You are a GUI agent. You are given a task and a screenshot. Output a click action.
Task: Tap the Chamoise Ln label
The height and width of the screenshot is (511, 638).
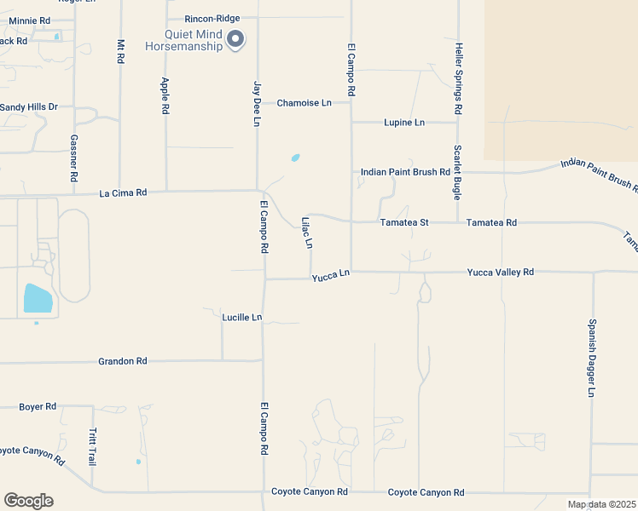[x=304, y=103]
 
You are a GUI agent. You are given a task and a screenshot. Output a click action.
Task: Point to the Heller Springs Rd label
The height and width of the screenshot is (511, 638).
[x=458, y=79]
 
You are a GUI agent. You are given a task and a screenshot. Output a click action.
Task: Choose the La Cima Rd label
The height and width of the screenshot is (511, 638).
[x=123, y=193]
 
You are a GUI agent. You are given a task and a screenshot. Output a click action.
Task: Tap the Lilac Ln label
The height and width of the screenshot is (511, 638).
[x=307, y=233]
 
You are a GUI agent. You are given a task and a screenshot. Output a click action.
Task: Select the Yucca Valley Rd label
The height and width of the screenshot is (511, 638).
[x=500, y=272]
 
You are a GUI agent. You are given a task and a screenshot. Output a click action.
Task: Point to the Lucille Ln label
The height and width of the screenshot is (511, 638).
[x=241, y=317]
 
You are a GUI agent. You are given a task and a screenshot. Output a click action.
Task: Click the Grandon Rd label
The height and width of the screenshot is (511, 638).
[x=123, y=361]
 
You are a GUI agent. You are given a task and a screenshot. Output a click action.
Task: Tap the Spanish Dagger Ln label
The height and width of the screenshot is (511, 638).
[x=590, y=358]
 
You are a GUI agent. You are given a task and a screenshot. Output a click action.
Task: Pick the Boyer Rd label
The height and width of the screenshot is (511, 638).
[x=38, y=407]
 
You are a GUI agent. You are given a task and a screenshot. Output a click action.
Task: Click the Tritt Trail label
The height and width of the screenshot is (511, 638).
[x=92, y=446]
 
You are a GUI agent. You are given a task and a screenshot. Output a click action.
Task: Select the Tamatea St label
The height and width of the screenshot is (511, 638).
[x=404, y=222]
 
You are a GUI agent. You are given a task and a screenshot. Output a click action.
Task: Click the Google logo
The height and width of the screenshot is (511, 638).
[x=28, y=501]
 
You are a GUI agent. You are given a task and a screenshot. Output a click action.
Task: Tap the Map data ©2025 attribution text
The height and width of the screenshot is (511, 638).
[x=601, y=504]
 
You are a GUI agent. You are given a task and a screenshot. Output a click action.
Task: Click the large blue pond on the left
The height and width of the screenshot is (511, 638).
[x=38, y=298]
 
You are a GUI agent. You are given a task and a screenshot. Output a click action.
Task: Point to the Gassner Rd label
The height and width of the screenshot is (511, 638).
[x=74, y=158]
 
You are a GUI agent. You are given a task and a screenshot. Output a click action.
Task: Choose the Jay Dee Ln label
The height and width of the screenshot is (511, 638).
[x=256, y=104]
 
